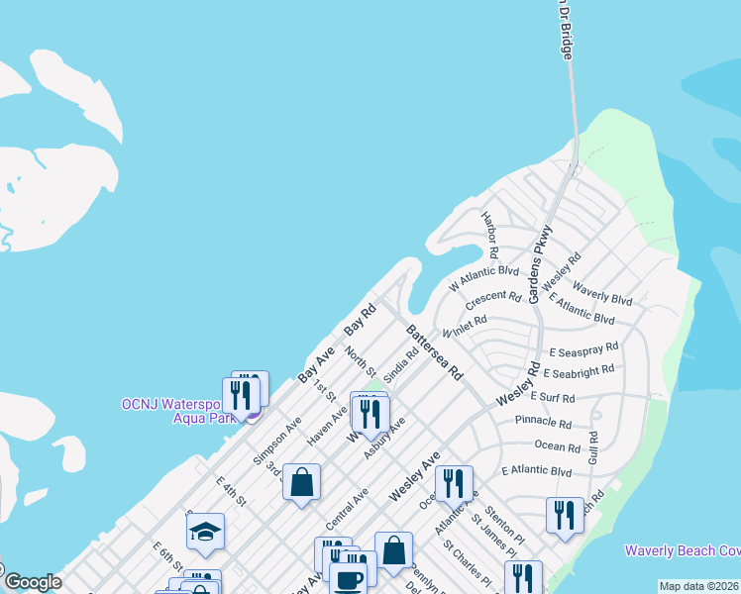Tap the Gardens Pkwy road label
541,264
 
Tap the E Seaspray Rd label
583,348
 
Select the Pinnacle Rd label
543,423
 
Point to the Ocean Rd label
556,447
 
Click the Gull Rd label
593,451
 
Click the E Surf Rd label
553,397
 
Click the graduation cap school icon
206,533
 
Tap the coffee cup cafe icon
347,580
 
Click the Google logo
32,582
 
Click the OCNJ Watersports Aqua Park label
183,411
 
